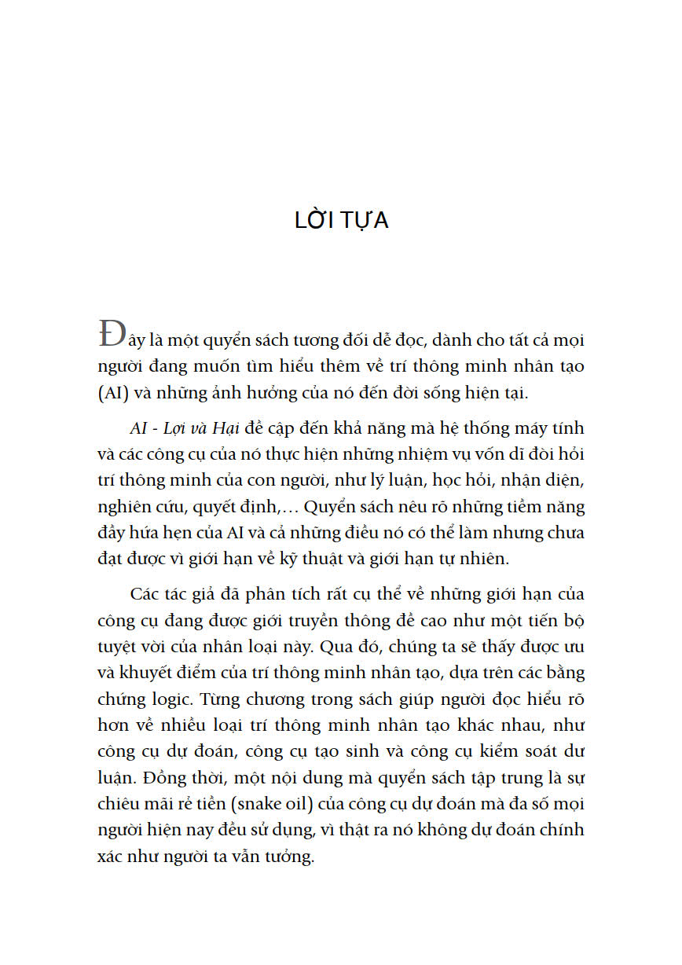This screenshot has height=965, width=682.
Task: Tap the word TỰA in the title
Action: [364, 221]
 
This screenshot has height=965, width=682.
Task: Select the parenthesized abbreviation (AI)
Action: [115, 394]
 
